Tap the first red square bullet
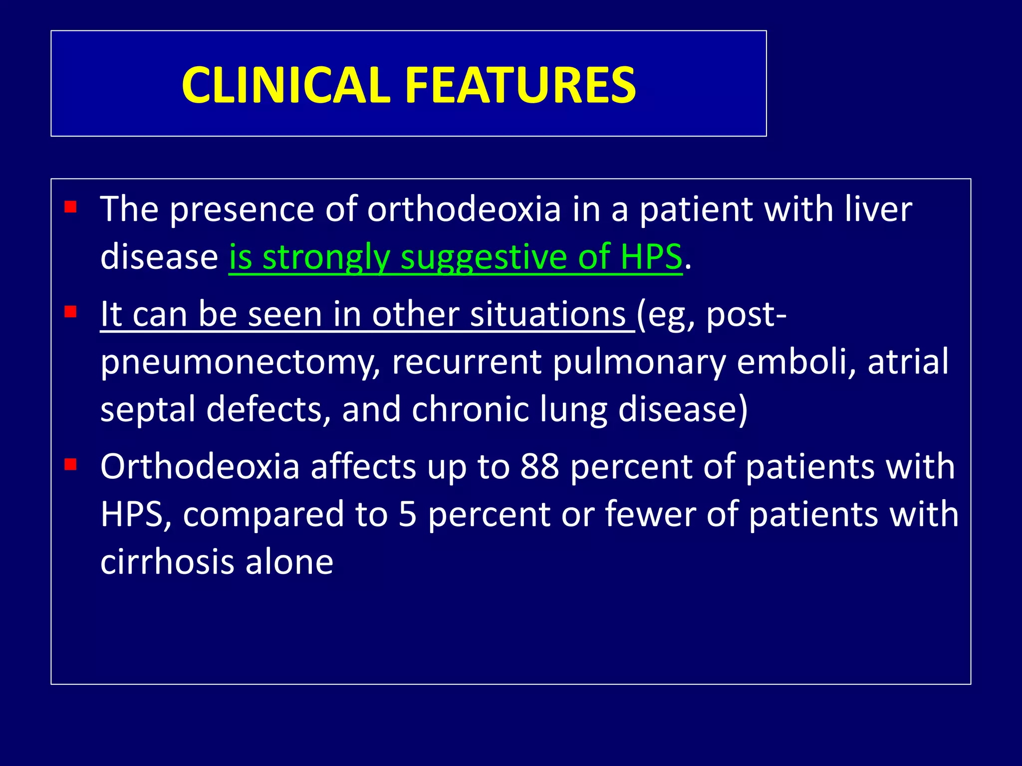point(70,207)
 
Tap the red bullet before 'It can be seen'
point(70,312)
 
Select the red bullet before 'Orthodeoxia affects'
point(70,465)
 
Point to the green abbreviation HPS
point(651,257)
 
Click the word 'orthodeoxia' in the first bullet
point(464,209)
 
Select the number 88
point(539,467)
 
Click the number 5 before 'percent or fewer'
point(408,515)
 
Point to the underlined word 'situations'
point(547,315)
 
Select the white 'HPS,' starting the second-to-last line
point(136,515)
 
